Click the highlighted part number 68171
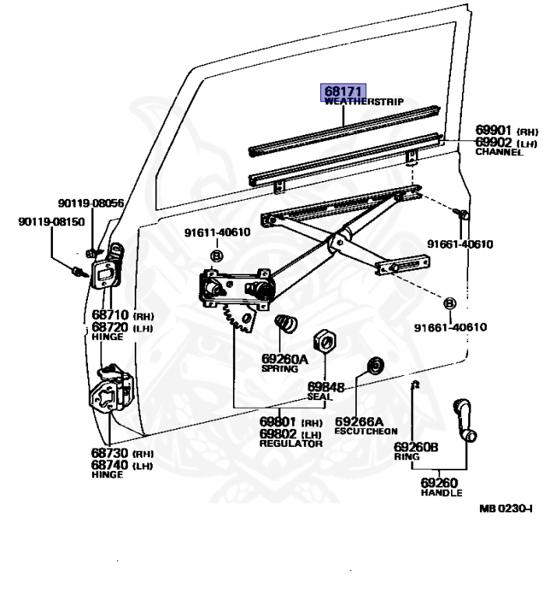pyautogui.click(x=344, y=91)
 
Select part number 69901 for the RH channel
pyautogui.click(x=493, y=132)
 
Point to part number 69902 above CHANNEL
pyautogui.click(x=493, y=142)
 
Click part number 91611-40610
pyautogui.click(x=217, y=232)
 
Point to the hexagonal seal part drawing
pyautogui.click(x=324, y=341)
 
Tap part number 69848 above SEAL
pyautogui.click(x=326, y=387)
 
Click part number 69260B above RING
pyautogui.click(x=416, y=447)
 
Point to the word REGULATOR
pyautogui.click(x=291, y=444)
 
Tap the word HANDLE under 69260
pyautogui.click(x=441, y=493)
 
